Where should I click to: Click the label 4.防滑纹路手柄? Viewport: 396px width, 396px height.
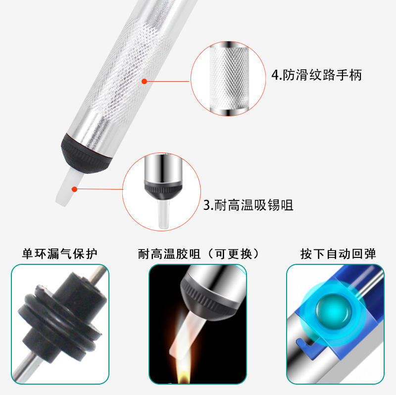[316, 75]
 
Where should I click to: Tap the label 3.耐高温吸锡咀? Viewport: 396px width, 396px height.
[248, 205]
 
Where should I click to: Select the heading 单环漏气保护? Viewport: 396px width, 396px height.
[59, 253]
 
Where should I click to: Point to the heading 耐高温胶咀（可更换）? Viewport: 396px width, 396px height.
[199, 253]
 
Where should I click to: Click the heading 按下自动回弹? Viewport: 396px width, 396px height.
[338, 253]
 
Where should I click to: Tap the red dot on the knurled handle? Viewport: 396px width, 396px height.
[144, 81]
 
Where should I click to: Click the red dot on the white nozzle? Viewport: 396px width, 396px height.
[74, 189]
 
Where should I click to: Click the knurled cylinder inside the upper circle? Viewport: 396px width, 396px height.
[229, 79]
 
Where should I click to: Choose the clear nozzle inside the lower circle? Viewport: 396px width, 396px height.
[163, 213]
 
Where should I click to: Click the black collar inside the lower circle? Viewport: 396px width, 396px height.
[163, 190]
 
